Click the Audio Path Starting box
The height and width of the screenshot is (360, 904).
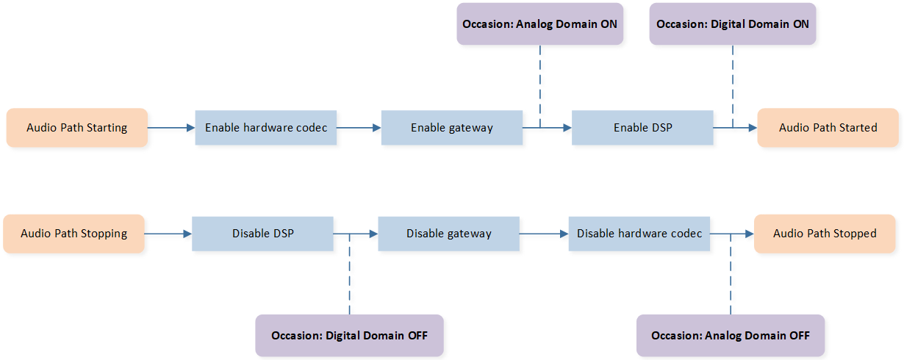(x=77, y=128)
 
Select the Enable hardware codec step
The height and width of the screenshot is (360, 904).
(x=266, y=128)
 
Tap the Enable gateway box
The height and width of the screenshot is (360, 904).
(x=452, y=128)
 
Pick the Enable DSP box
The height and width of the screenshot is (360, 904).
(x=642, y=128)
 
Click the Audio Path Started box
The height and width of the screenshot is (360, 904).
(x=828, y=128)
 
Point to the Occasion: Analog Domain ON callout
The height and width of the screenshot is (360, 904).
(x=540, y=24)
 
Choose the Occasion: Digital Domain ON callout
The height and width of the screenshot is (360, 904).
(x=733, y=24)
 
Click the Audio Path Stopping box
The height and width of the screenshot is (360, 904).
(x=73, y=234)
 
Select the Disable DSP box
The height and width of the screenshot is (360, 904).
(x=262, y=234)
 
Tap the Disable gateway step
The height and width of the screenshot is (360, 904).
(x=449, y=234)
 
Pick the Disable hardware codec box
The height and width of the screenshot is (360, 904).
(x=639, y=234)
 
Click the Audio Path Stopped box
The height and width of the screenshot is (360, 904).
(x=825, y=234)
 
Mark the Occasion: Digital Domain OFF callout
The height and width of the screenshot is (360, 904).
(x=350, y=335)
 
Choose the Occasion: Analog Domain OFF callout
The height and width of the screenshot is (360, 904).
(x=731, y=335)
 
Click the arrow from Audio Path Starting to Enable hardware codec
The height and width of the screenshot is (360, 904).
(x=171, y=128)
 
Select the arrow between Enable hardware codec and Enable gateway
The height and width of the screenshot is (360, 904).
(x=359, y=128)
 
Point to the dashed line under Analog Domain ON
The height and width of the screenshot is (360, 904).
(x=540, y=87)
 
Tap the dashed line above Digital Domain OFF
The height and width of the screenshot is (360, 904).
(x=350, y=274)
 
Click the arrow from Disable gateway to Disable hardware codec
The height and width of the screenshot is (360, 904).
(x=544, y=234)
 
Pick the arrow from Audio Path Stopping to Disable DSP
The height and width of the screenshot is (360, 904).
(x=168, y=234)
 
